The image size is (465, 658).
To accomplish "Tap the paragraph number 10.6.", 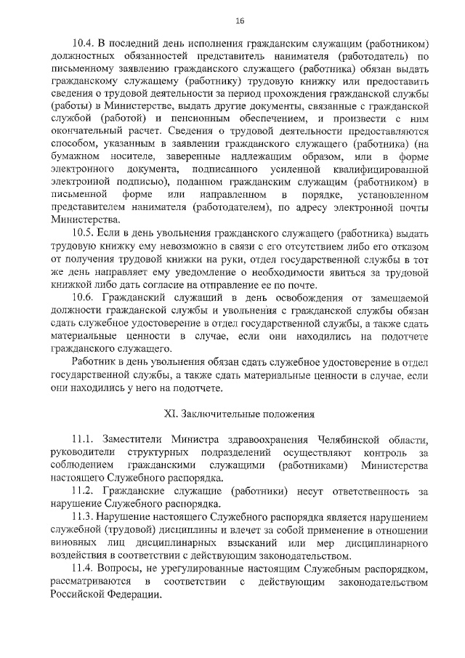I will pyautogui.click(x=86, y=299).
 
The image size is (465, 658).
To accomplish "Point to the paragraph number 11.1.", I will pyautogui.click(x=85, y=442).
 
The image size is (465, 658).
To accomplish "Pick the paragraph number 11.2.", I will pyautogui.click(x=85, y=492).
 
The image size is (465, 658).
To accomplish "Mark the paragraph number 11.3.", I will pyautogui.click(x=85, y=517).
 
